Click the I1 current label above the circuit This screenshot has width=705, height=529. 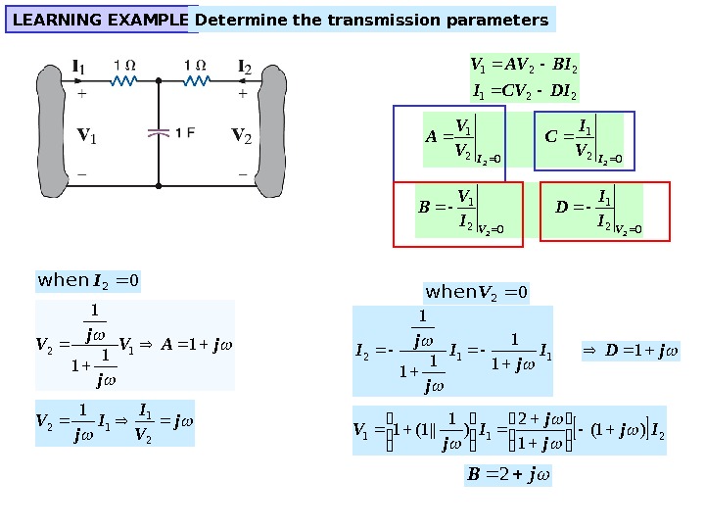tap(79, 68)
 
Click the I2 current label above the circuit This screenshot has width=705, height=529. tap(245, 68)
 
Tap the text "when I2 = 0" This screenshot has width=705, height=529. tap(89, 281)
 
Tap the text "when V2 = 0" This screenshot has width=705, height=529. tap(477, 291)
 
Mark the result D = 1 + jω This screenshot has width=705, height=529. tap(631, 350)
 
